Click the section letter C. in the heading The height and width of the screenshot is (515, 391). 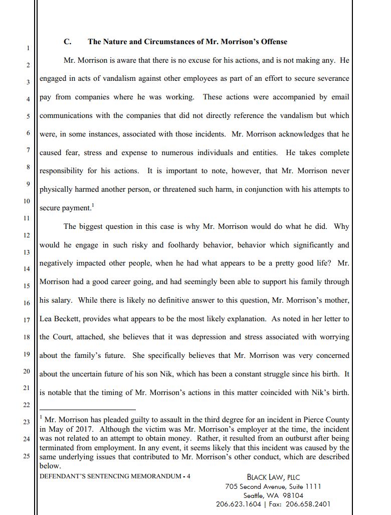(67, 42)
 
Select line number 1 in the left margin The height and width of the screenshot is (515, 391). (28, 48)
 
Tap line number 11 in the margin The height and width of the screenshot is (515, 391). (28, 218)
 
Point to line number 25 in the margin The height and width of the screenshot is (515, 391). (28, 456)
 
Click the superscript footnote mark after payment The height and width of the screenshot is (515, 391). (93, 205)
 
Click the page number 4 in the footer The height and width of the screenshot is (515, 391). (188, 476)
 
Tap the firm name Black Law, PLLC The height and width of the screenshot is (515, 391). (273, 477)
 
